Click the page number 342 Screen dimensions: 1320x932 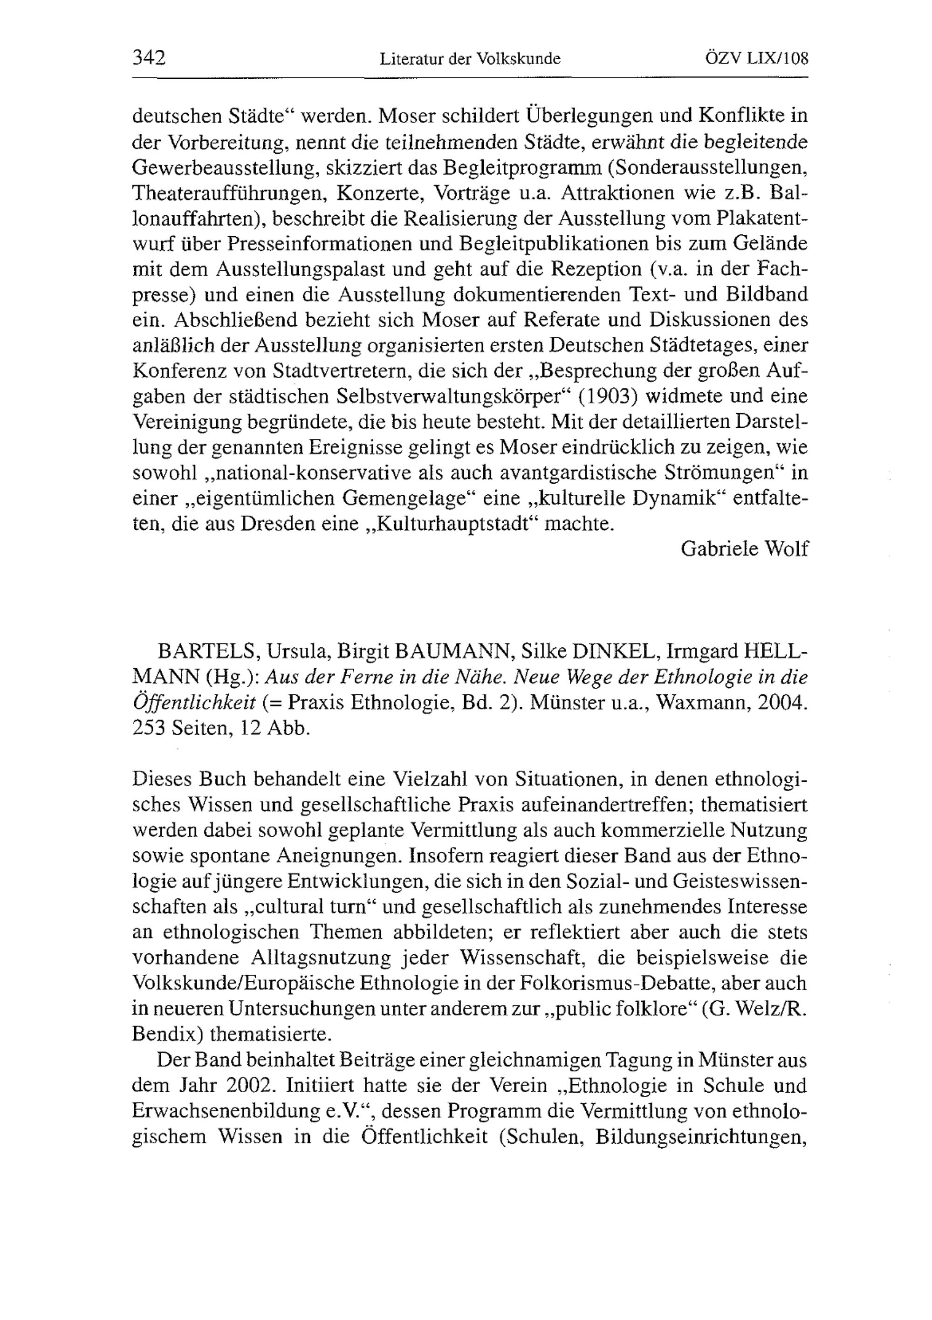pyautogui.click(x=149, y=58)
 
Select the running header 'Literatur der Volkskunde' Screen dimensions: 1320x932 pyautogui.click(x=470, y=59)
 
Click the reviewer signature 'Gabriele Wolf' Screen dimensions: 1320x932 pyautogui.click(x=744, y=548)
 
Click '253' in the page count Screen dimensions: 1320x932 pyautogui.click(x=148, y=728)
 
